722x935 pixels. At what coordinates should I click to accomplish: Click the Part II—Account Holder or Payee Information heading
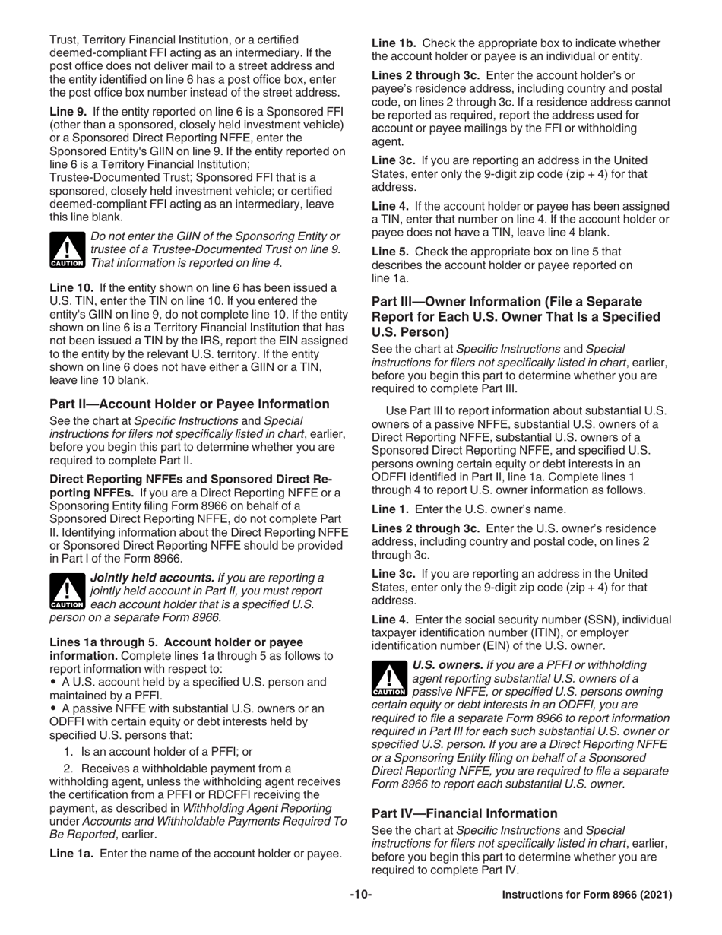(189, 404)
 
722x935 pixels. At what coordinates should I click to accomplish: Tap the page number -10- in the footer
(360, 895)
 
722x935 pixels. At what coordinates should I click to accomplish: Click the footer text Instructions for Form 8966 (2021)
(587, 895)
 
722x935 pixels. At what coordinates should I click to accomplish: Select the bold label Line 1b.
(393, 43)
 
